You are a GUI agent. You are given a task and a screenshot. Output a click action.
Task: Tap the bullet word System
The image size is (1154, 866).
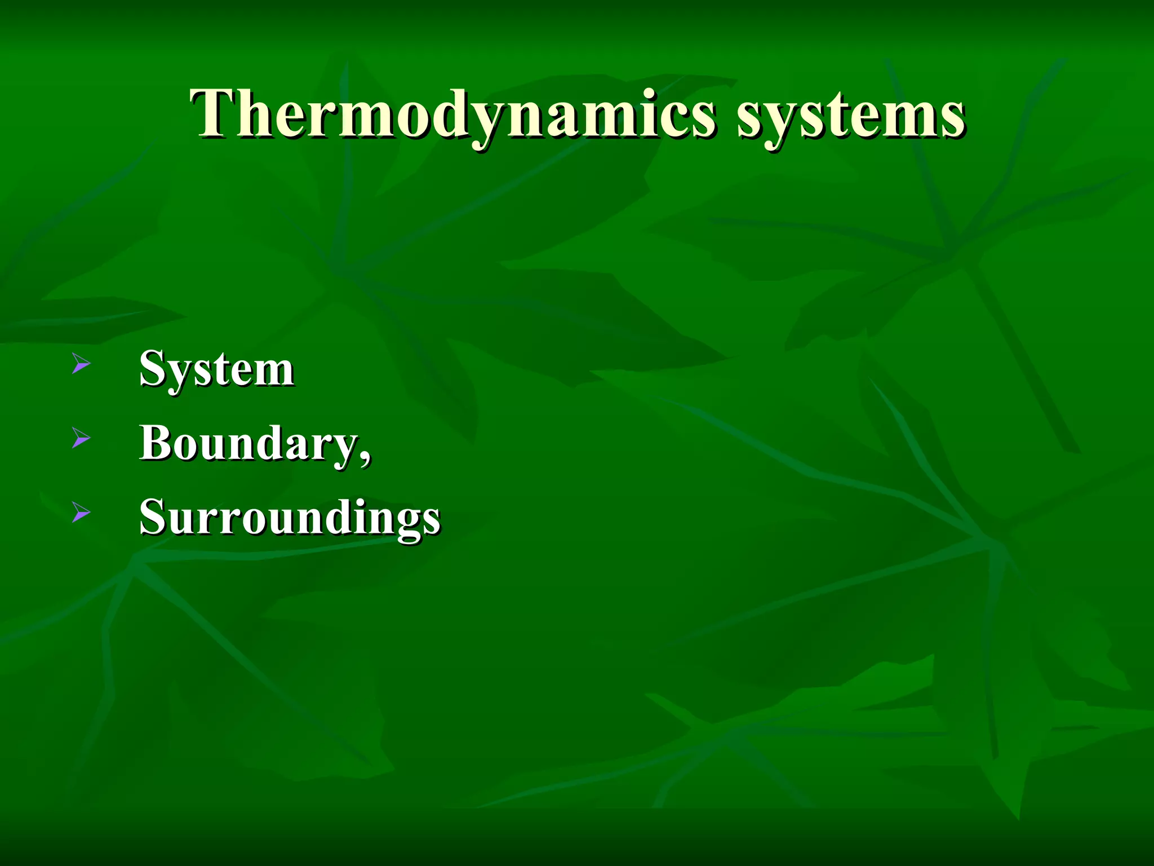[216, 369]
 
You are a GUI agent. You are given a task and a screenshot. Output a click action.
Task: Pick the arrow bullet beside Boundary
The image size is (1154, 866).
[81, 438]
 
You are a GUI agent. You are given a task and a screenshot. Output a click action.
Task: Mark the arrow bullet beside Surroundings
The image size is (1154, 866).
[81, 512]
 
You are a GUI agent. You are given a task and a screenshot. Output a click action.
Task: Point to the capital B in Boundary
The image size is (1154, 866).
[156, 442]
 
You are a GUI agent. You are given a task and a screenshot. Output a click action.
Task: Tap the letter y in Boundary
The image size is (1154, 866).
[344, 449]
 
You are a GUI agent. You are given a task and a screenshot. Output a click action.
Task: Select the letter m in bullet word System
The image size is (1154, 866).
[272, 373]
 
